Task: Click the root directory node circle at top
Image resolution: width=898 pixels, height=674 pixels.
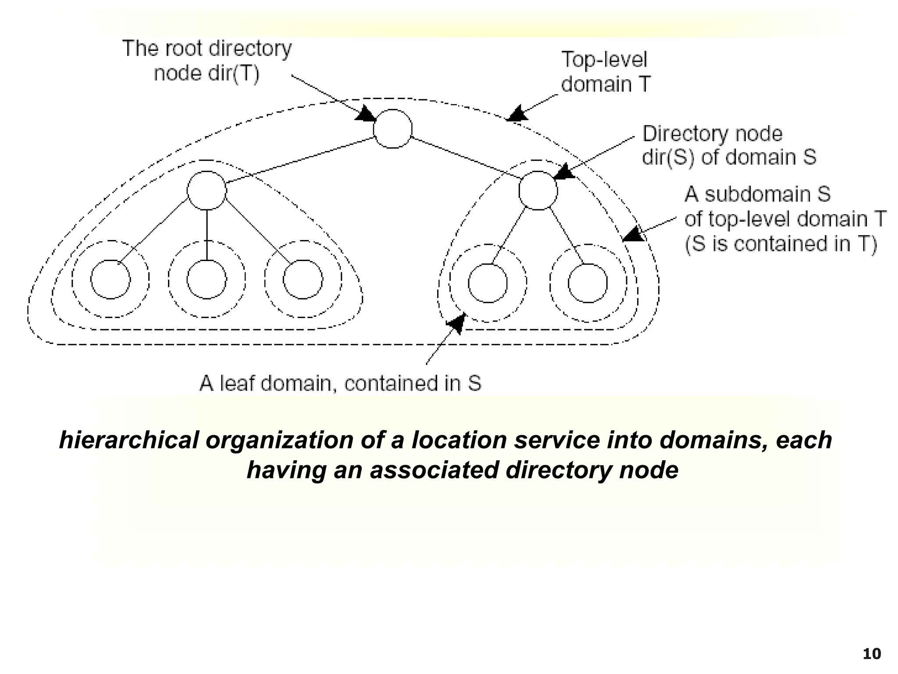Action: pos(392,129)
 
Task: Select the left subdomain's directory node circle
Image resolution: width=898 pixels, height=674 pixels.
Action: pos(207,190)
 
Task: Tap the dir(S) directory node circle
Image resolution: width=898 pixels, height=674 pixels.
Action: pos(538,190)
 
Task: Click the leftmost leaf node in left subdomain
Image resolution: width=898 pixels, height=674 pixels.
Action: pos(110,280)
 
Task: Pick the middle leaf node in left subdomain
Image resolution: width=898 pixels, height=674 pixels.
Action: pos(207,280)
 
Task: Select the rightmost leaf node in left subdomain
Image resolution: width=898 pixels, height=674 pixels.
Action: pos(303,280)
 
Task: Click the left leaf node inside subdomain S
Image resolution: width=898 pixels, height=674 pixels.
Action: pos(488,283)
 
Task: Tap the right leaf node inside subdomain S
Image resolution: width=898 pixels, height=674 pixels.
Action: pos(588,283)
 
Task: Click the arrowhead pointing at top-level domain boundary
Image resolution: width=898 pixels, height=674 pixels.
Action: pos(517,114)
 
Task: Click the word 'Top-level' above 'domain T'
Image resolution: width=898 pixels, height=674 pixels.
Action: pos(604,59)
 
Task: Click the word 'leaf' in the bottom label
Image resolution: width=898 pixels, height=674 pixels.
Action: pos(237,384)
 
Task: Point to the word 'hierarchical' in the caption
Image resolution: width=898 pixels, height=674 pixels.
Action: pos(129,440)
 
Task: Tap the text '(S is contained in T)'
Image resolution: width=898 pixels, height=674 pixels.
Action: pos(780,244)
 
